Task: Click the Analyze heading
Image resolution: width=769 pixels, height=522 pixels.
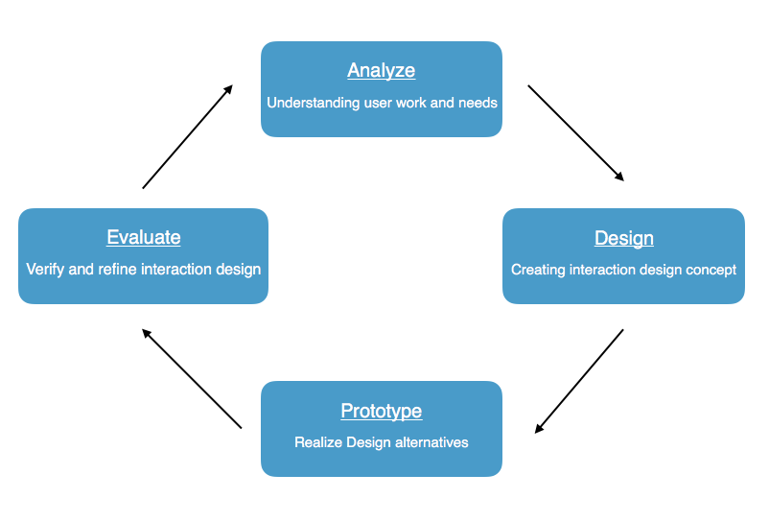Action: [382, 71]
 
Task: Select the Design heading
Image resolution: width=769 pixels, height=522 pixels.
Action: [624, 238]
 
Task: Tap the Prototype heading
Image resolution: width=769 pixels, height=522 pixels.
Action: [382, 411]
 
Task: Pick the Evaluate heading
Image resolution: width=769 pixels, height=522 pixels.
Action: [144, 237]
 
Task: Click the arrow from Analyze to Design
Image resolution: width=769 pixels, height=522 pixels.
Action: [575, 132]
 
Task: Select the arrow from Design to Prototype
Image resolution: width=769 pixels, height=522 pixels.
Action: [579, 381]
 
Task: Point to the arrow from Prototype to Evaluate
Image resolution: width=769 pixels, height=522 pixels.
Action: [192, 379]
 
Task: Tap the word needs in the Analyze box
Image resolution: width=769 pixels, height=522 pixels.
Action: [477, 103]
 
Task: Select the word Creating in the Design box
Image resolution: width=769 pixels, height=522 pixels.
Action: [538, 270]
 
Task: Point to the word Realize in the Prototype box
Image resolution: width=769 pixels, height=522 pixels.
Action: [317, 442]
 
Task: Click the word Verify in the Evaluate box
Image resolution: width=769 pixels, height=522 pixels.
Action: [45, 270]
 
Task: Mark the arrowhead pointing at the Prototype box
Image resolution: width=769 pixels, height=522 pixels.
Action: [540, 428]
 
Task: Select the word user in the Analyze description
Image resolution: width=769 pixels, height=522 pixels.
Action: [378, 103]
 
